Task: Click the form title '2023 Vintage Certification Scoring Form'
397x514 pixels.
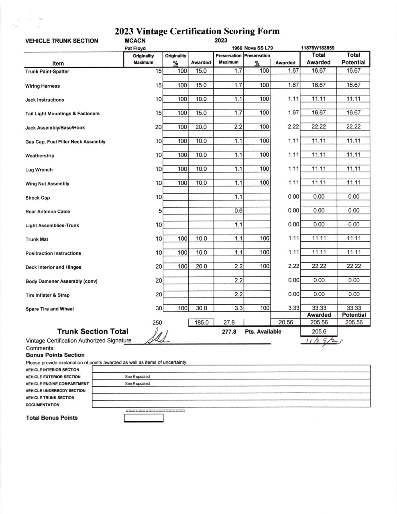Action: tap(197, 31)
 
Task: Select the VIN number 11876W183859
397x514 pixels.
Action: tap(318, 48)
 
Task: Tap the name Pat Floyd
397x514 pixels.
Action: tap(135, 48)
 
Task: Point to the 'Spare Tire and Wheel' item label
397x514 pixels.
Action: tap(50, 309)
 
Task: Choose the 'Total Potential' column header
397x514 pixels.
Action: tap(353, 59)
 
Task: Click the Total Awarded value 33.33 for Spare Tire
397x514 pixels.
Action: tap(319, 308)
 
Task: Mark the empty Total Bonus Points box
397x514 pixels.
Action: tap(144, 418)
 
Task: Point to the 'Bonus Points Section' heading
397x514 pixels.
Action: tap(55, 355)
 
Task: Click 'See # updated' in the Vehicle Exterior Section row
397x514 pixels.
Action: tap(137, 377)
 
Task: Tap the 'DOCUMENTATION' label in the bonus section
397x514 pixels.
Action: tap(43, 405)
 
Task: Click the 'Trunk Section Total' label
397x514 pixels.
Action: tap(93, 331)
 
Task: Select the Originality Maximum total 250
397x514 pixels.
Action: tap(157, 322)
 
